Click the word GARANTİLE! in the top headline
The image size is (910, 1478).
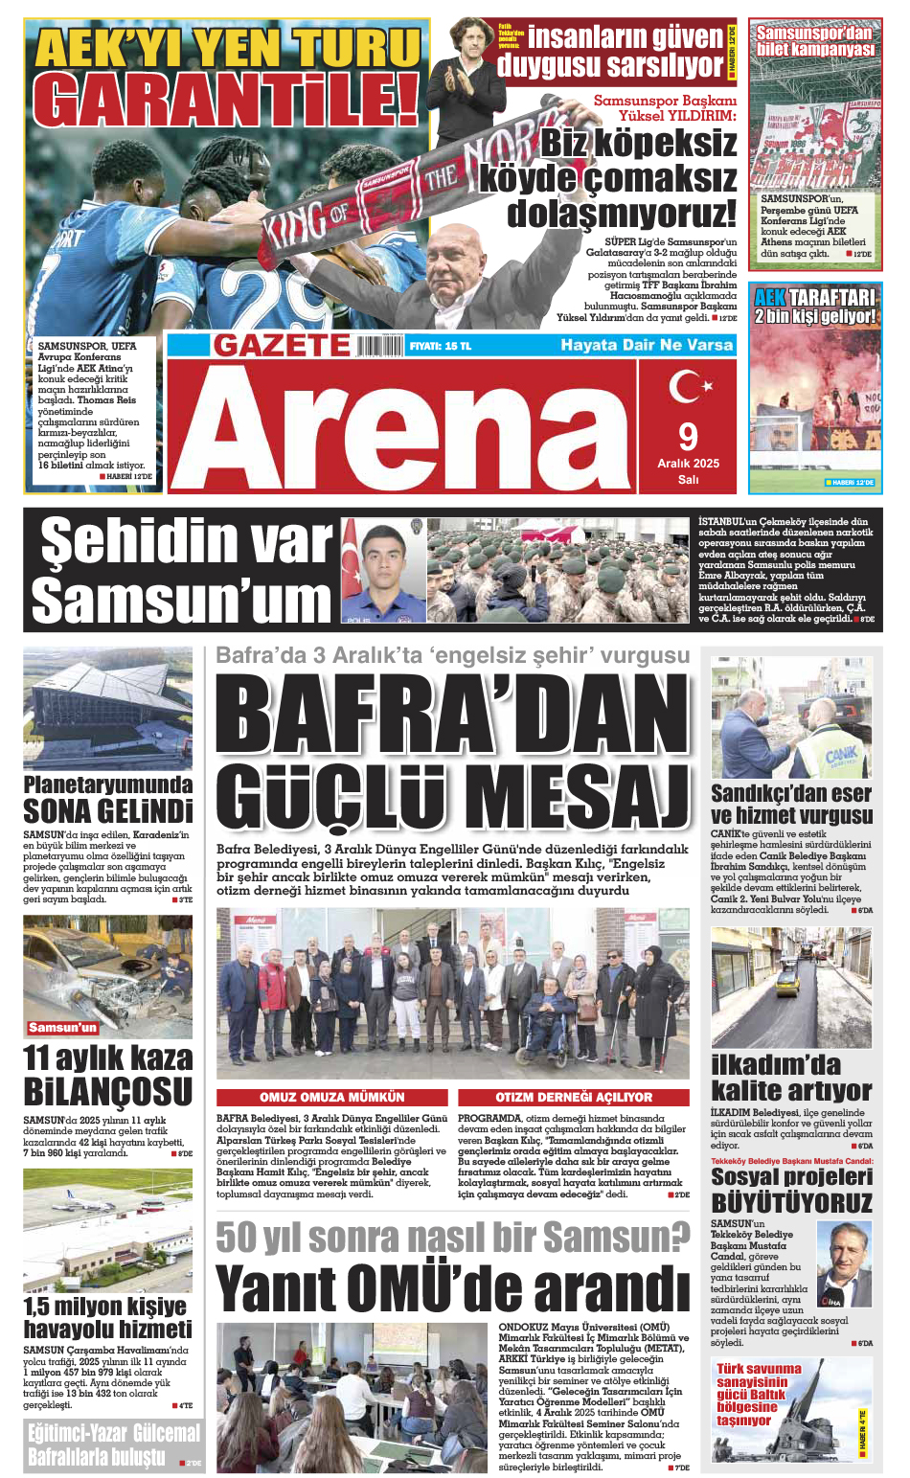point(226,99)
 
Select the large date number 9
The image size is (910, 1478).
point(688,437)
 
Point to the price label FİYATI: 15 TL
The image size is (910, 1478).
point(440,346)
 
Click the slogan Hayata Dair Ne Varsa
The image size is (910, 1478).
point(647,345)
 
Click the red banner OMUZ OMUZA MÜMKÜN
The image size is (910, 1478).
point(332,1097)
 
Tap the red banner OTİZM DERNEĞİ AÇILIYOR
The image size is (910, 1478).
point(573,1097)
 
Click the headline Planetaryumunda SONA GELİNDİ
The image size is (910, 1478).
point(108,799)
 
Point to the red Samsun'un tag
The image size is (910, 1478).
point(62,1027)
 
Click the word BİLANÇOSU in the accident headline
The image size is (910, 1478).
point(108,1092)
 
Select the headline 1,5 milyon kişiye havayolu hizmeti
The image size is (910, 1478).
point(108,1317)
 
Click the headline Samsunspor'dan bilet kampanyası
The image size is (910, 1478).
point(815,41)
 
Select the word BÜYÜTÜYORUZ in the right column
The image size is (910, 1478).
point(791,1202)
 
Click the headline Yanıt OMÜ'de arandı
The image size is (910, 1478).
point(452,1288)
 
